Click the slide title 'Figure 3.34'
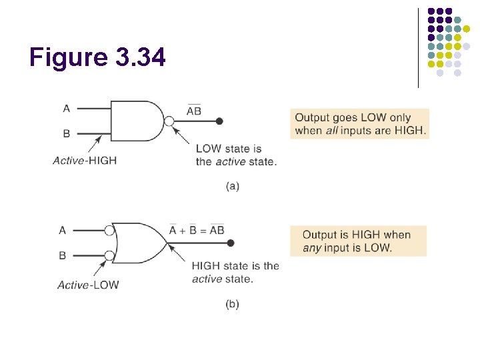point(97,58)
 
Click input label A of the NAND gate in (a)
point(66,108)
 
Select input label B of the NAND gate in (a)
point(66,133)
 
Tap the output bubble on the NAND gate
point(170,121)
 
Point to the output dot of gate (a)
point(219,121)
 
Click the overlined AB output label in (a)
point(194,111)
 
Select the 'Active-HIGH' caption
point(85,160)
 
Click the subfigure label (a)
point(232,186)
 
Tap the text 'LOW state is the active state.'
point(235,155)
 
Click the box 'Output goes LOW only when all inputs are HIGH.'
point(360,123)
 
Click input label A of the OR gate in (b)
point(62,230)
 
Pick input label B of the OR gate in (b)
point(62,255)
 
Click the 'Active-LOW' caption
point(88,285)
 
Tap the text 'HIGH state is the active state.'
point(235,272)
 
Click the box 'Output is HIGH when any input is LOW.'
point(358,241)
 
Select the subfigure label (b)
point(232,304)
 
